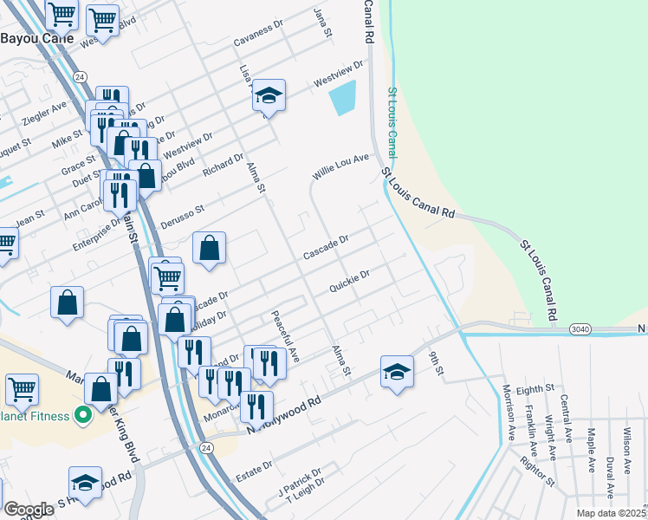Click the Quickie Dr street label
point(350,281)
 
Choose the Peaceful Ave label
point(285,337)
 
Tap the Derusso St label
point(181,217)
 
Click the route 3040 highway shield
point(580,329)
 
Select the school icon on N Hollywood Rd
point(397,371)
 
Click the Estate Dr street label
point(254,472)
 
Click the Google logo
point(29,509)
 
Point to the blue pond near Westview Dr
point(343,98)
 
